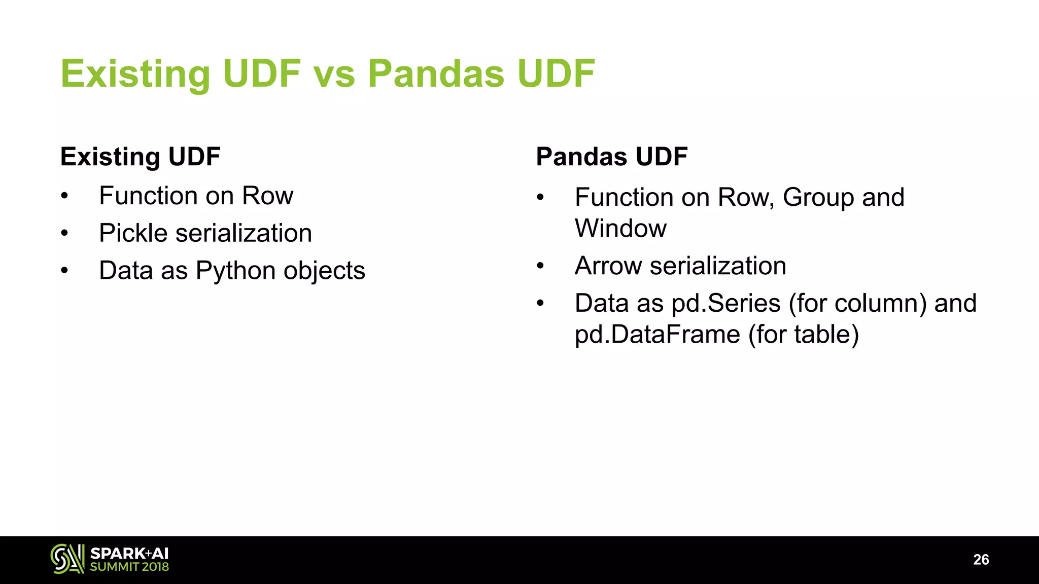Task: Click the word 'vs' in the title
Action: click(x=334, y=74)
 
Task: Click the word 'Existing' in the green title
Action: click(x=135, y=74)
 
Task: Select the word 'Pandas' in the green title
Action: click(x=436, y=74)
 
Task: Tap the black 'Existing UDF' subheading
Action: click(x=140, y=157)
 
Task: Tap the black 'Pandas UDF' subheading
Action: click(x=611, y=157)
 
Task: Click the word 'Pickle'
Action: click(x=133, y=233)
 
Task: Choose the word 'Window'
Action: click(x=620, y=228)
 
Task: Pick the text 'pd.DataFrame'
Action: click(x=657, y=335)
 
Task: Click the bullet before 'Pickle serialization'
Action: click(x=64, y=234)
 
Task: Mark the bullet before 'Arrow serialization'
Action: click(x=540, y=266)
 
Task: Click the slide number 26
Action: click(x=981, y=560)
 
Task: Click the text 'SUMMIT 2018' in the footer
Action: click(x=129, y=567)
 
